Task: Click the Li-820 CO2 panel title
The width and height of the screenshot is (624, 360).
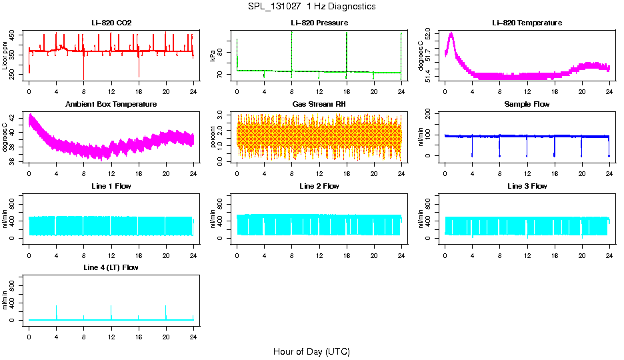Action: [111, 23]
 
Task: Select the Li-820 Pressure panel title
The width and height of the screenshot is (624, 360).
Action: [319, 23]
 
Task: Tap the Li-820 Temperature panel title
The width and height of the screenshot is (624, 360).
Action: [527, 23]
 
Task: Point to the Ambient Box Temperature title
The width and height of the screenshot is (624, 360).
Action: [111, 104]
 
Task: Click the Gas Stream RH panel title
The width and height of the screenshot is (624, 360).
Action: [319, 104]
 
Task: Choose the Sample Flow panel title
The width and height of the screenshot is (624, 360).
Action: [527, 104]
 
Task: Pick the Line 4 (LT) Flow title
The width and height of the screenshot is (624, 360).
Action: [111, 267]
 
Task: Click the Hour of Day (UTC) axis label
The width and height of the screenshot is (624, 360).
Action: [311, 351]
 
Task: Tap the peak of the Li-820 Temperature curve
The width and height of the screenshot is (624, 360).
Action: [451, 33]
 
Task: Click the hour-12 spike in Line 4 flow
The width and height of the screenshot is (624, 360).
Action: [111, 306]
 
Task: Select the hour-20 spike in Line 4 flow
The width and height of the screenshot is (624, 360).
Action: [166, 306]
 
